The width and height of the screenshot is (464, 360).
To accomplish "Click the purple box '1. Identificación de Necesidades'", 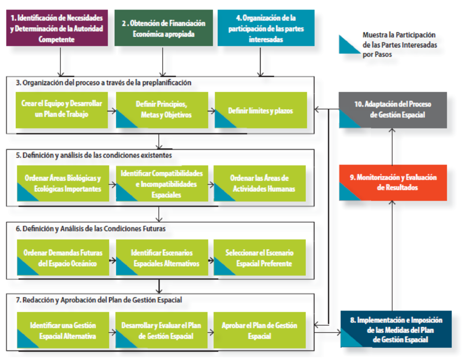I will coord(57,28).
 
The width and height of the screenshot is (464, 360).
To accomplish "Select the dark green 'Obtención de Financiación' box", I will coord(164,28).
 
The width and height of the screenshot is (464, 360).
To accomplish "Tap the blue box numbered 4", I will coord(266,28).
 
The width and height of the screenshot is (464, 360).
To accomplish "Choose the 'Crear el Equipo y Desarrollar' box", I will coord(62,110).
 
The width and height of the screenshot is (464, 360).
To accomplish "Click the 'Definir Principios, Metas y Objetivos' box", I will coord(162,110).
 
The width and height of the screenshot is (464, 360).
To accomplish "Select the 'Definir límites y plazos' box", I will coord(261,110).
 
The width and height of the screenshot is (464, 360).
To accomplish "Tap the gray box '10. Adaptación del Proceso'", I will coord(392,110).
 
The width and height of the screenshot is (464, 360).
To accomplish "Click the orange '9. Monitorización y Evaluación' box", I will coord(392,182).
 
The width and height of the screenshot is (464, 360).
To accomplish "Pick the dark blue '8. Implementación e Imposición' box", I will coord(396,329).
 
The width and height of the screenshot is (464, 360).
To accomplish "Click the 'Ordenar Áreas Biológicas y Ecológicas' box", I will coord(63,183).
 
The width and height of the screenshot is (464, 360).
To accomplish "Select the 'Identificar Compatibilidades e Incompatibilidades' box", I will coord(162,183).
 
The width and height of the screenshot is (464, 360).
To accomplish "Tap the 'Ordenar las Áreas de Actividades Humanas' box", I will coord(260,183).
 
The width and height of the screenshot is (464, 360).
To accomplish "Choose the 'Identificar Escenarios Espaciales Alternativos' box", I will coord(162,258).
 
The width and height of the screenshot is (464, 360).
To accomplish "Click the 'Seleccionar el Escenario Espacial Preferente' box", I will coord(260,258).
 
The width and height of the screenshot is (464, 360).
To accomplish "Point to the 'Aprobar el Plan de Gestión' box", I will coord(260,331).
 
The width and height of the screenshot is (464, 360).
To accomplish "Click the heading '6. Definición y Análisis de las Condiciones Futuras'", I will coord(91,229).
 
